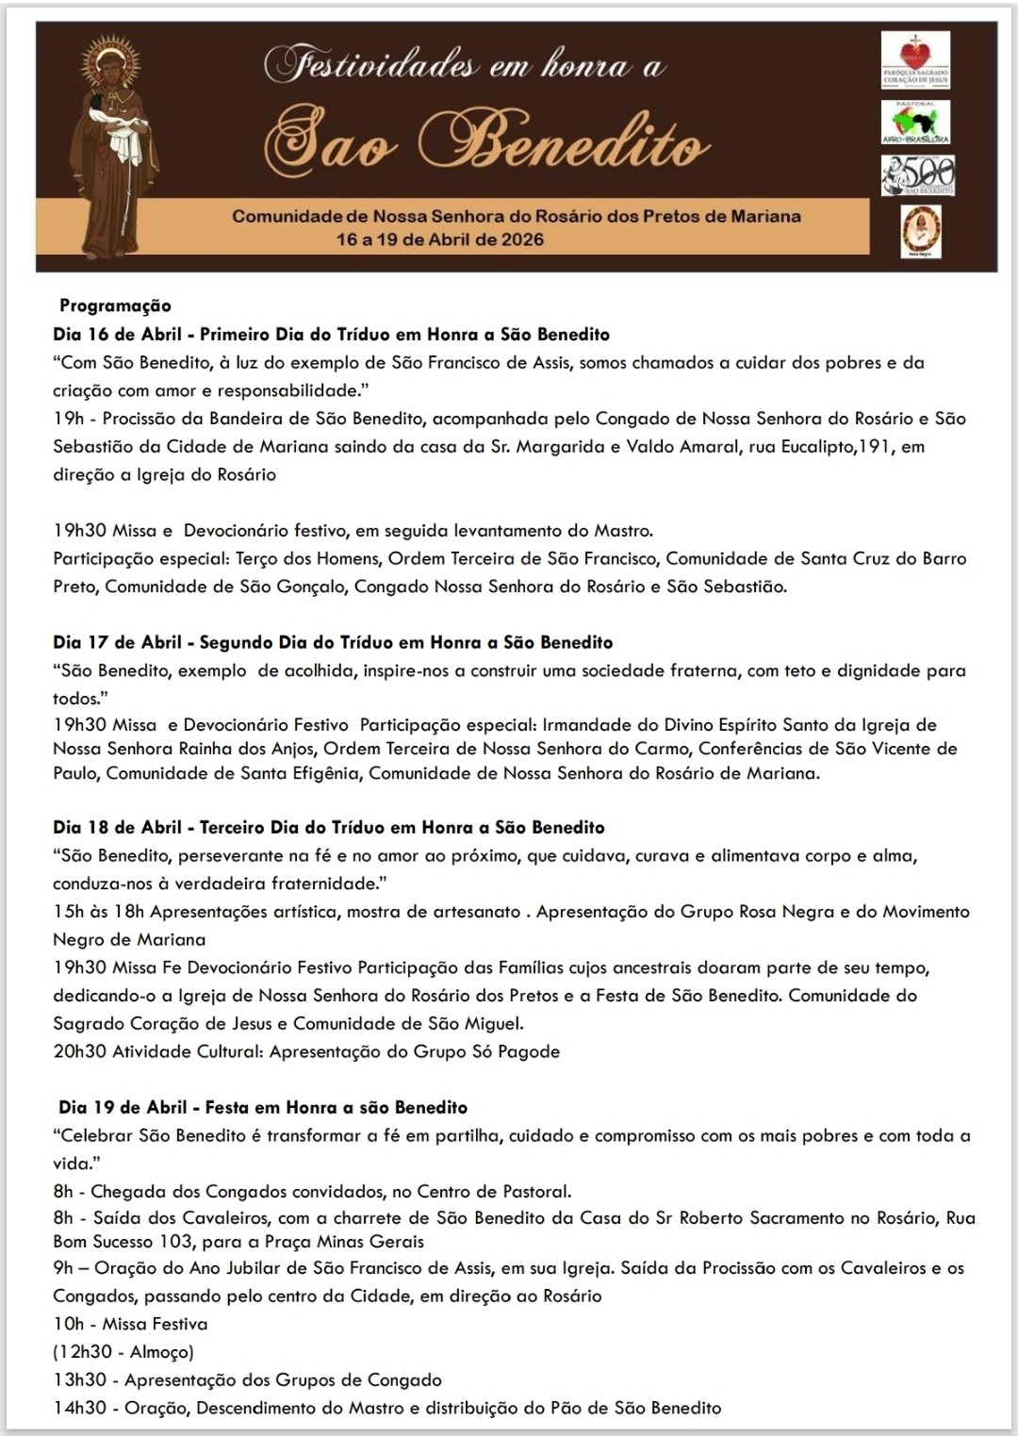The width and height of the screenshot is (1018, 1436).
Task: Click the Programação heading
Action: click(115, 305)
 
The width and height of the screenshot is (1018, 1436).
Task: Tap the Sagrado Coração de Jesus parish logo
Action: click(914, 61)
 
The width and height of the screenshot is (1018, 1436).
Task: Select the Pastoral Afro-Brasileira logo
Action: click(914, 123)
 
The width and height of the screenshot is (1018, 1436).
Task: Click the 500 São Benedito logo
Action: click(917, 176)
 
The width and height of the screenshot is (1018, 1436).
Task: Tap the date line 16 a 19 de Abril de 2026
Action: click(440, 239)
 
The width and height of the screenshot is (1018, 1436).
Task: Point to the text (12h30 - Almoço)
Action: click(123, 1352)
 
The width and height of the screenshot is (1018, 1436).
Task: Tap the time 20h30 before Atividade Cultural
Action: click(79, 1051)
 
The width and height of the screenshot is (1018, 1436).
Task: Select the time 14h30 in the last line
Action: click(79, 1408)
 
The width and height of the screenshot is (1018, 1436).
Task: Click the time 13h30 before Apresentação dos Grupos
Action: click(79, 1380)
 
